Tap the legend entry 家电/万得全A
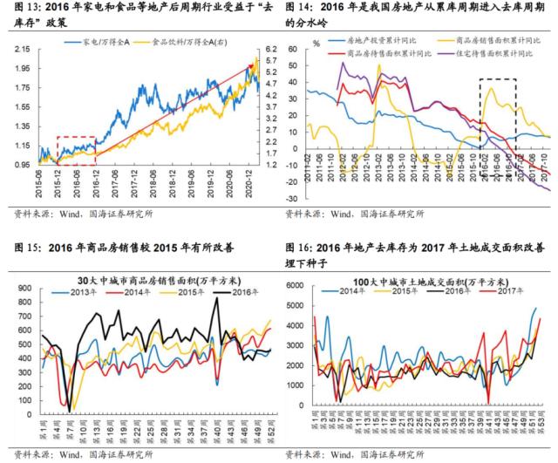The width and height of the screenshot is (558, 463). [x=104, y=40]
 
